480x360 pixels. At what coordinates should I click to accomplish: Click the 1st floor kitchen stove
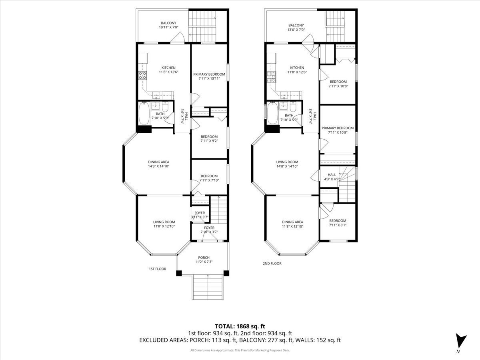tap(142, 76)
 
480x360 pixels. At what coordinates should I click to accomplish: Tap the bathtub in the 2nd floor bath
tap(273, 113)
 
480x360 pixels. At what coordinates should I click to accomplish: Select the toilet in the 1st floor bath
tap(165, 107)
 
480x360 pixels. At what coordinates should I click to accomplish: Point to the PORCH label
tap(204, 258)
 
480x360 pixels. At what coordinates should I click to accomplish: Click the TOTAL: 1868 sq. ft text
tap(240, 326)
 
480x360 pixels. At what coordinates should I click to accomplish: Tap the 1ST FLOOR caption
tap(158, 269)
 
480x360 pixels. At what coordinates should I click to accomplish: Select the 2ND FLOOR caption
tap(272, 264)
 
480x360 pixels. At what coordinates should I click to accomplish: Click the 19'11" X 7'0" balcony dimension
tap(169, 27)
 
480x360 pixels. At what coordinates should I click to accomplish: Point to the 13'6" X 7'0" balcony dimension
tap(296, 30)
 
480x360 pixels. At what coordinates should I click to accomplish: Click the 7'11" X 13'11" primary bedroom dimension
tap(209, 78)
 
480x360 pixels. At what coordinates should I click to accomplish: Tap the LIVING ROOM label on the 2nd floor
tap(287, 162)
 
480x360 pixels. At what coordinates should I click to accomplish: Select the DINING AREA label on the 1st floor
tap(158, 162)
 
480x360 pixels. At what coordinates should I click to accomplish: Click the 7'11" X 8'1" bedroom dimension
tap(338, 225)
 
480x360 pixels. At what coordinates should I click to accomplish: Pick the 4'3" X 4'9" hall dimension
tap(332, 179)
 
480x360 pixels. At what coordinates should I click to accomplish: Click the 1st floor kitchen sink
tap(156, 95)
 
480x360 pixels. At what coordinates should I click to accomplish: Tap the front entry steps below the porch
tap(208, 287)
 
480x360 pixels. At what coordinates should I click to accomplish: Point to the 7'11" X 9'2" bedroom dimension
tap(209, 141)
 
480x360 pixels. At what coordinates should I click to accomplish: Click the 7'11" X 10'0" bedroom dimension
tap(338, 86)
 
